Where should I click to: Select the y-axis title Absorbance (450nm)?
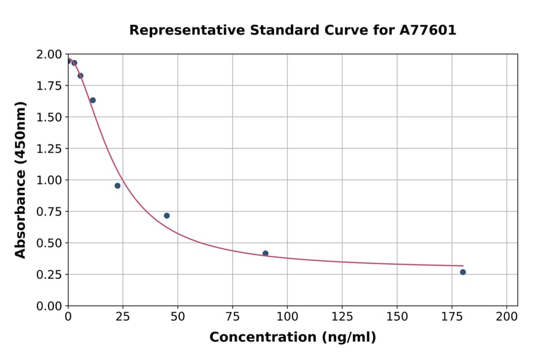pyautogui.click(x=21, y=180)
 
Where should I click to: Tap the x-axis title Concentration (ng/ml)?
pyautogui.click(x=292, y=338)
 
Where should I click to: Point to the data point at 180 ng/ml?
pyautogui.click(x=463, y=272)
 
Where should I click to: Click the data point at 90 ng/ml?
pyautogui.click(x=265, y=253)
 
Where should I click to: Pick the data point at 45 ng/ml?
pyautogui.click(x=167, y=216)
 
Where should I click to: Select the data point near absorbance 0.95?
pyautogui.click(x=117, y=185)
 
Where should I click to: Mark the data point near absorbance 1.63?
pyautogui.click(x=93, y=100)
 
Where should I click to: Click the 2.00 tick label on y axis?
pyautogui.click(x=50, y=55)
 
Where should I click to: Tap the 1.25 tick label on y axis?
pyautogui.click(x=50, y=148)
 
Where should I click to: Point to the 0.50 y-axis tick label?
pyautogui.click(x=50, y=243)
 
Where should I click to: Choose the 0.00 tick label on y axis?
pyautogui.click(x=50, y=306)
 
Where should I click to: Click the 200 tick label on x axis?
pyautogui.click(x=507, y=316)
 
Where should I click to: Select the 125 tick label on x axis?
pyautogui.click(x=342, y=316)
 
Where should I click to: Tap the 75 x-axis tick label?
pyautogui.click(x=233, y=316)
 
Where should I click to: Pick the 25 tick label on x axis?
pyautogui.click(x=123, y=316)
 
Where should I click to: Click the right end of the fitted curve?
pyautogui.click(x=463, y=265)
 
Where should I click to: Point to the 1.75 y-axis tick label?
pyautogui.click(x=50, y=85)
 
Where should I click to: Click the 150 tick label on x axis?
pyautogui.click(x=397, y=316)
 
